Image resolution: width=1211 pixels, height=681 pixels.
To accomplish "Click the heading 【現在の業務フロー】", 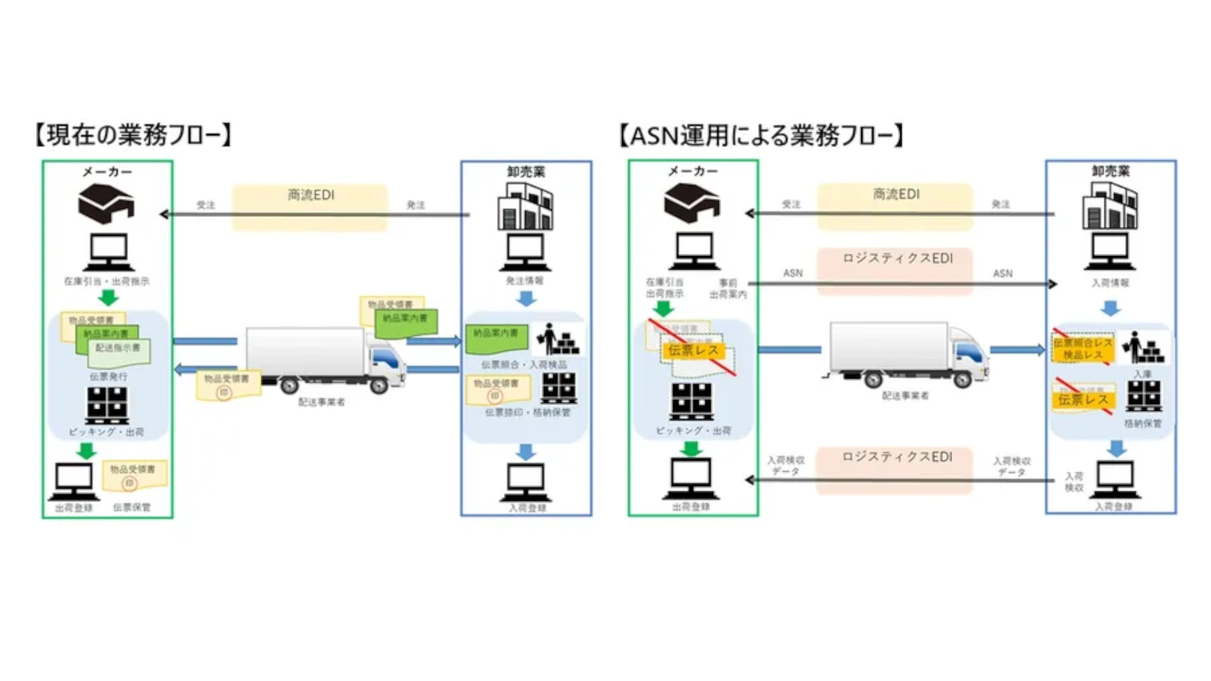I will [134, 135].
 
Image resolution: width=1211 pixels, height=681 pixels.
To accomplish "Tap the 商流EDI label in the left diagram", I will [310, 195].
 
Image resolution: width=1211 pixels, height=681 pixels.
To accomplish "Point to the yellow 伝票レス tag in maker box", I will [693, 351].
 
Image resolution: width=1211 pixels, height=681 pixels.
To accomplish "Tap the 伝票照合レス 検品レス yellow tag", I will [1082, 349].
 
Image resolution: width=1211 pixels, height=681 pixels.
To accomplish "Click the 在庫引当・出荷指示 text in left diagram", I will [107, 281].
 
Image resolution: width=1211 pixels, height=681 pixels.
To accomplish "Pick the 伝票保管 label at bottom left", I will [132, 508].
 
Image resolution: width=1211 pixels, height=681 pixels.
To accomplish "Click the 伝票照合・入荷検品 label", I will [524, 365].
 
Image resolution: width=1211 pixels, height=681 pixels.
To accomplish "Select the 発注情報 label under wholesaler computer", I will [525, 281].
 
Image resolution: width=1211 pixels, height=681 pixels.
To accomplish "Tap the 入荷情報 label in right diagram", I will [1110, 283].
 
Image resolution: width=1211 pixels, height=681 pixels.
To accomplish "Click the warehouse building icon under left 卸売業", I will [525, 207].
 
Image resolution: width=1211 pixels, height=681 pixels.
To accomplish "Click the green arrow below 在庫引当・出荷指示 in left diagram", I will [108, 298].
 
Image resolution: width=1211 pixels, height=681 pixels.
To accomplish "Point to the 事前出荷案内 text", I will [728, 289].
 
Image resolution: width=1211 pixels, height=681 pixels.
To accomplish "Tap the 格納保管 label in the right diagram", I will [1142, 424].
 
